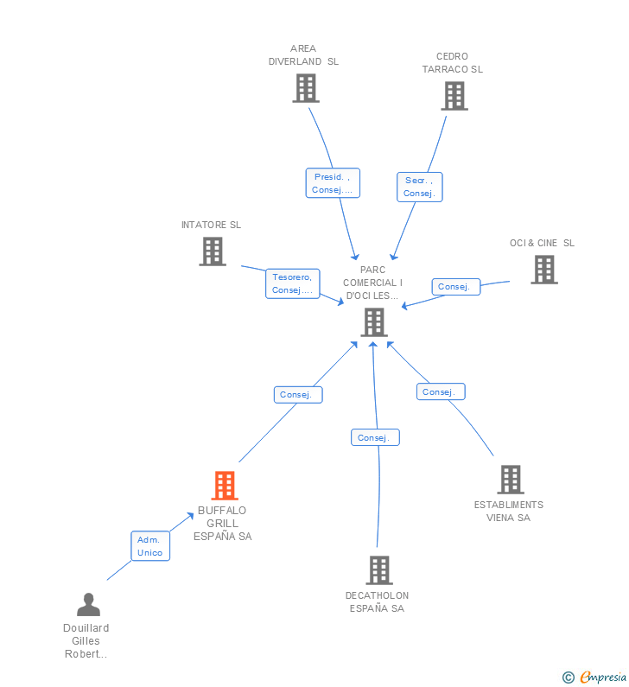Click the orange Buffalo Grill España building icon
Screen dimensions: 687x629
225,486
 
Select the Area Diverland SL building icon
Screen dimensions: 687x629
305,88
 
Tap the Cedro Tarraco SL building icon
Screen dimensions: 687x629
454,96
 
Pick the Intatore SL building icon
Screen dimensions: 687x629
212,251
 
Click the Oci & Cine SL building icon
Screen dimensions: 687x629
543,270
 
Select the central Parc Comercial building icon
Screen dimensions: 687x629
373,322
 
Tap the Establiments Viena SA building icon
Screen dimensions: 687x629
511,480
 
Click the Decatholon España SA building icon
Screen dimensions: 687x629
379,570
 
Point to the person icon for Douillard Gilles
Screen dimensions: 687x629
88,604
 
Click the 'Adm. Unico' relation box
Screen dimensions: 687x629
150,546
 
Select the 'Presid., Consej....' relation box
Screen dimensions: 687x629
333,183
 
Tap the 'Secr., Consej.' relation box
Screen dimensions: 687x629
419,187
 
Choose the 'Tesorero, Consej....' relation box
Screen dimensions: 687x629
293,283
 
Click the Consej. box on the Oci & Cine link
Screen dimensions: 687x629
454,287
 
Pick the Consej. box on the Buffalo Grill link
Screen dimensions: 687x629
298,395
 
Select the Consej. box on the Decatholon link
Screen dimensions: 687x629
375,438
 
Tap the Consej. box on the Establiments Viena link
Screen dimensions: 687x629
441,392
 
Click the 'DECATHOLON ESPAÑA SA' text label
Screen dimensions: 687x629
377,602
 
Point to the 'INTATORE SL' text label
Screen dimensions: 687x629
211,225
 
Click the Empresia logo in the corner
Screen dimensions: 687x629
594,677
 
